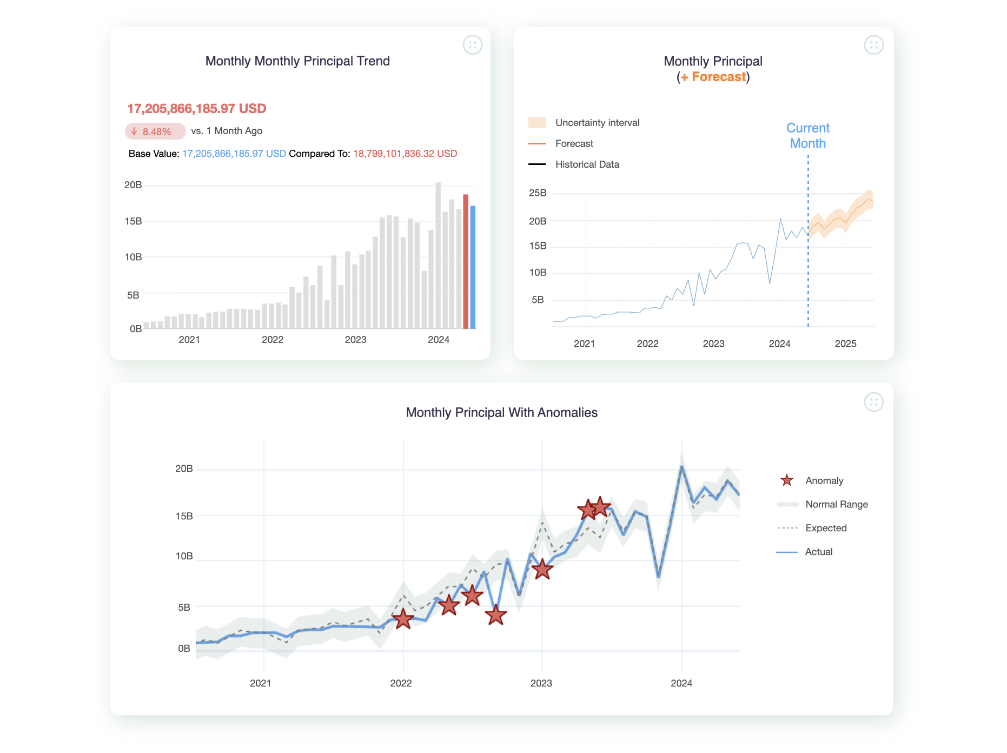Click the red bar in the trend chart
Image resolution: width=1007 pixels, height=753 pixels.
click(x=466, y=262)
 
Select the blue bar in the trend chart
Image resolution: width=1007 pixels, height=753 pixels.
click(x=473, y=267)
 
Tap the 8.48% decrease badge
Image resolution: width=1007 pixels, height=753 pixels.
click(x=155, y=131)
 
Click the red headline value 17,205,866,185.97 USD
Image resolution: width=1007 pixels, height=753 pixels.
click(x=196, y=109)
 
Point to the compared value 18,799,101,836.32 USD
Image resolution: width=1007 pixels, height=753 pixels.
click(x=405, y=154)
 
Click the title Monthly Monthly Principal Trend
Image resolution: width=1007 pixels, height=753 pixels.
click(x=297, y=61)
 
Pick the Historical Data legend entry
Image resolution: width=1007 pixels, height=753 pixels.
click(x=587, y=164)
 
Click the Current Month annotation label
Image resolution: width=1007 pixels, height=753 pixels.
click(x=807, y=136)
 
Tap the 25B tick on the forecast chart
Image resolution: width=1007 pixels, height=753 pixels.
click(x=538, y=193)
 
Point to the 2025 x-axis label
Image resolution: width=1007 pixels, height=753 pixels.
click(x=845, y=344)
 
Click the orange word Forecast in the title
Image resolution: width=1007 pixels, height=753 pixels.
click(x=719, y=77)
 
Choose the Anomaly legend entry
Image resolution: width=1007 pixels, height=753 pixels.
click(x=824, y=481)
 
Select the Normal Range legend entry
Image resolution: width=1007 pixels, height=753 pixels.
click(x=836, y=505)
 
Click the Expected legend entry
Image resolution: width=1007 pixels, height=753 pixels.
click(x=825, y=529)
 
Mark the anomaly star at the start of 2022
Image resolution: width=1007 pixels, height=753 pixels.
click(x=403, y=619)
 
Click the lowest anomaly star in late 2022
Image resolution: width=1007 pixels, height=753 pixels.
click(x=495, y=615)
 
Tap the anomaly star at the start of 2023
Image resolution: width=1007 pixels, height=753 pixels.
click(x=542, y=569)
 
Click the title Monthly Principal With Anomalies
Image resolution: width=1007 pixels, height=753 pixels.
click(x=501, y=413)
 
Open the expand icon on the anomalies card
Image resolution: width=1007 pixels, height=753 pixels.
click(x=873, y=402)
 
